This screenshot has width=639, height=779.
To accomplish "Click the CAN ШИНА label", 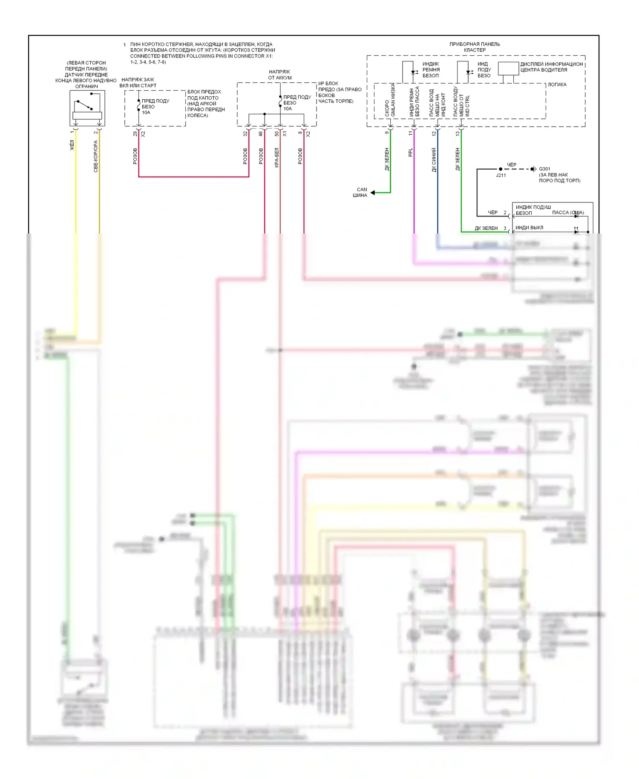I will [x=360, y=193].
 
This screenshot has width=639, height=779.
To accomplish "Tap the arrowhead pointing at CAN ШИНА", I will [x=373, y=193].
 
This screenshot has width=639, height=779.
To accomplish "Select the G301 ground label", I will [x=544, y=169].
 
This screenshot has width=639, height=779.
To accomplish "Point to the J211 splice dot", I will [x=501, y=169].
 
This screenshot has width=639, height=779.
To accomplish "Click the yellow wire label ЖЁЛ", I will [x=72, y=145].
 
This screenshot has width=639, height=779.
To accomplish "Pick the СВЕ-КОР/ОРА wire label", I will [x=96, y=156].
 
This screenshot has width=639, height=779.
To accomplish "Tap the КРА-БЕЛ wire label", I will [x=276, y=158].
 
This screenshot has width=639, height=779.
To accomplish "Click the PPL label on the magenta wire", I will [x=411, y=153].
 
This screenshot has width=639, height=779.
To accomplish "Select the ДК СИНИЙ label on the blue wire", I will [x=434, y=160].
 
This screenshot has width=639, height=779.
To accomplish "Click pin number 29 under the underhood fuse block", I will [x=135, y=134].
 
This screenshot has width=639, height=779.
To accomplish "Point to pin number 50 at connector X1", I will [x=277, y=134].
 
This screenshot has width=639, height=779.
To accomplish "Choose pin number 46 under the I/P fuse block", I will [x=261, y=134].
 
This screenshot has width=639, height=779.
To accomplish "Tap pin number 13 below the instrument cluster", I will [x=458, y=133].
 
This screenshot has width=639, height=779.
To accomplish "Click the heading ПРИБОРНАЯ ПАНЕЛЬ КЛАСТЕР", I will [x=475, y=47].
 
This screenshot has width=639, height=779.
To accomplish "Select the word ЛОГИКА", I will [x=557, y=85].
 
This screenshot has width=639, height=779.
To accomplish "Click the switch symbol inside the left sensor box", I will [x=84, y=105].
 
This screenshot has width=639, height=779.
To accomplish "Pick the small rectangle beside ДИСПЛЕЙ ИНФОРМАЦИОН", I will [x=508, y=69].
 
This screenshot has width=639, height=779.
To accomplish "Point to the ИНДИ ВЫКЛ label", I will [x=529, y=228].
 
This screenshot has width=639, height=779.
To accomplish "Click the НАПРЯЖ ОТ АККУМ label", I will [x=279, y=75].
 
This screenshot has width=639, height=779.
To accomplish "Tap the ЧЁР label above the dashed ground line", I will [x=511, y=164].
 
